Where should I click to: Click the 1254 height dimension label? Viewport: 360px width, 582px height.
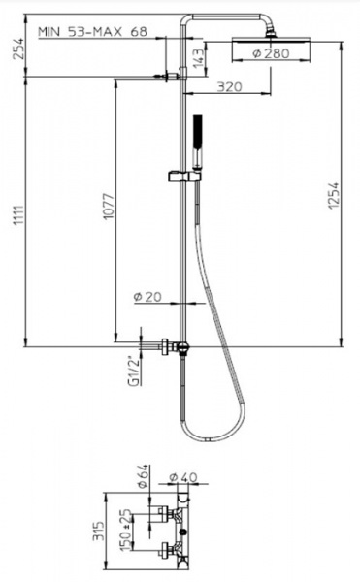[x=334, y=195]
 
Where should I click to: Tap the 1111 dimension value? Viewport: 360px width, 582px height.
[x=18, y=215]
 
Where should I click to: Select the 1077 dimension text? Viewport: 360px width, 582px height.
[x=109, y=206]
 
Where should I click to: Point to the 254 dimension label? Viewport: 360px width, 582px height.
[x=18, y=48]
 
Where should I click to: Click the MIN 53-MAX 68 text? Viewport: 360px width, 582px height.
[x=93, y=32]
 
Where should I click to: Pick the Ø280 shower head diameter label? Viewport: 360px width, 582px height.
[x=271, y=53]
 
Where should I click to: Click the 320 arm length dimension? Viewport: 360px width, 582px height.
[x=229, y=87]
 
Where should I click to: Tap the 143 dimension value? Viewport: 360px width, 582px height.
[x=199, y=58]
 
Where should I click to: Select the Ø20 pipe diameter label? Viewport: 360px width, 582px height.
[x=147, y=297]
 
